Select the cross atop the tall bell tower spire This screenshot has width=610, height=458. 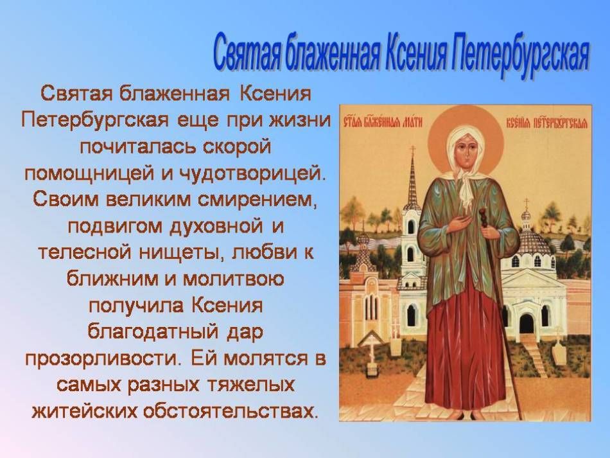[413, 150]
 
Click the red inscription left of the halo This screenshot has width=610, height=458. [381, 123]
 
